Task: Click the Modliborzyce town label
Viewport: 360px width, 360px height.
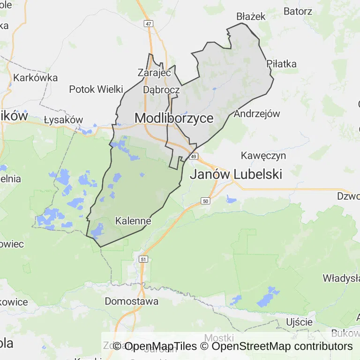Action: click(174, 118)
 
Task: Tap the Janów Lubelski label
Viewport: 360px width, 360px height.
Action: click(236, 174)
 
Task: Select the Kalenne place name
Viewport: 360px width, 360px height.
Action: click(133, 220)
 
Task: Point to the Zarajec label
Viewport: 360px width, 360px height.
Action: click(154, 73)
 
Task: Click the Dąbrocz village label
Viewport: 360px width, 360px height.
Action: click(161, 89)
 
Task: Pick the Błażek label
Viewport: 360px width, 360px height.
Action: click(251, 16)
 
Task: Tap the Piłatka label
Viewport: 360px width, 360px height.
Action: click(281, 64)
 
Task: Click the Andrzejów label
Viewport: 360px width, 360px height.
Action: click(256, 113)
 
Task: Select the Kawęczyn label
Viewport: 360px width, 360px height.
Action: click(263, 155)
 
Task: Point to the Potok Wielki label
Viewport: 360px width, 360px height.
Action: click(96, 89)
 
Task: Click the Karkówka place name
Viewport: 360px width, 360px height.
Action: click(36, 78)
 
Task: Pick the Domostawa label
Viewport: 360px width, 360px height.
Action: click(132, 301)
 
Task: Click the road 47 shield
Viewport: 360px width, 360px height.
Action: click(149, 23)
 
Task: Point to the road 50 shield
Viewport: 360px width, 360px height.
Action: click(205, 201)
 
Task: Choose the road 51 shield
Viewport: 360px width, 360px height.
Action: click(143, 259)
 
